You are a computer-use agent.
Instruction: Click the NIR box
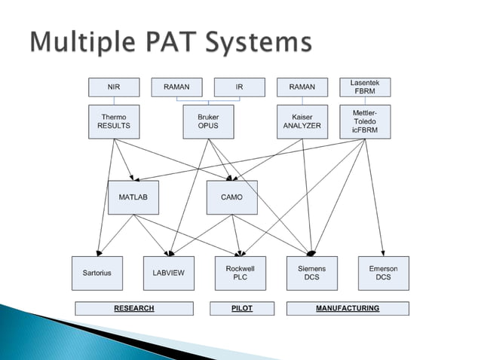click(114, 87)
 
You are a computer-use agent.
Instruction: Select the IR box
click(239, 87)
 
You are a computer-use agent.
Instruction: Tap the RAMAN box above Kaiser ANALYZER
click(302, 87)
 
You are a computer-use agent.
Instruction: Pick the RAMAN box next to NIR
click(176, 87)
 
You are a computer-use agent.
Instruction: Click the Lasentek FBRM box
click(365, 87)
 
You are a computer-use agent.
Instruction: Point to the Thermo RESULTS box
click(114, 122)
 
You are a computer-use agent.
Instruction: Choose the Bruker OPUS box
click(208, 122)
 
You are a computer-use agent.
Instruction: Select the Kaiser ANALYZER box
click(302, 122)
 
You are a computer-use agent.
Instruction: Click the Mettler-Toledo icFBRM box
click(365, 122)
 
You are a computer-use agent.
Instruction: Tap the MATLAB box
click(133, 197)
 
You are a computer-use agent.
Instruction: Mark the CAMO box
click(232, 197)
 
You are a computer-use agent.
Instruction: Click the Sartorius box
click(97, 273)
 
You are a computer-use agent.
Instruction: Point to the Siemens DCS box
click(312, 273)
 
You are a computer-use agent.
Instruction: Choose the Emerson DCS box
click(384, 273)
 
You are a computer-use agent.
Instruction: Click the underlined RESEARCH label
click(133, 309)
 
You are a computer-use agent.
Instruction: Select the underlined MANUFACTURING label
click(348, 309)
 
